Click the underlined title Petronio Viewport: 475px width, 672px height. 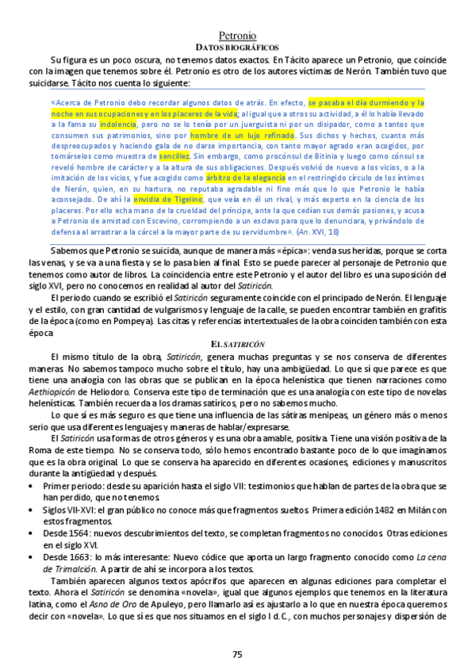(x=237, y=36)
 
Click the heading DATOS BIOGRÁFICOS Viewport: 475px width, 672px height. (x=237, y=48)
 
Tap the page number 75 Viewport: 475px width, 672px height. (x=237, y=653)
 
